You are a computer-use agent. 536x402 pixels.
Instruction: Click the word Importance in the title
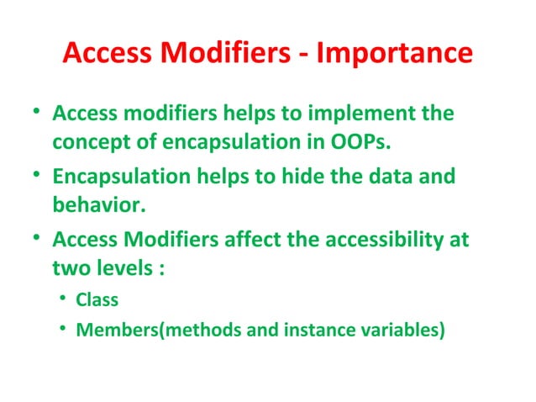tap(402, 55)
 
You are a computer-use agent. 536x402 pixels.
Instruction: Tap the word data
tap(380, 178)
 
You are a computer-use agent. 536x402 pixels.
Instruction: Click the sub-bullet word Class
tap(97, 300)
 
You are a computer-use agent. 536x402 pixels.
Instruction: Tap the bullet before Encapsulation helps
tap(36, 178)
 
